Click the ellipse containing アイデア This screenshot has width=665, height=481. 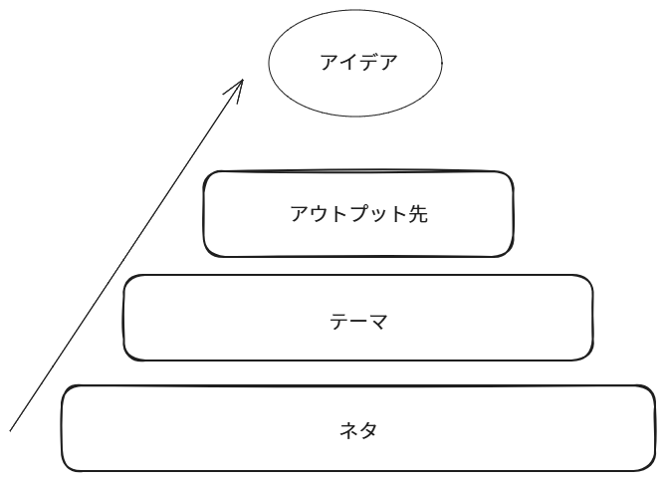[x=353, y=64]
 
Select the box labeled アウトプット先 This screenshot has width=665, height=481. [x=359, y=214]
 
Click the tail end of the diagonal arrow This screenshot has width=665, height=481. [x=12, y=430]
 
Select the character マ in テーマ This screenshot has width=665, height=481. [x=376, y=322]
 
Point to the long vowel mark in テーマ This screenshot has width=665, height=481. [x=357, y=322]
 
